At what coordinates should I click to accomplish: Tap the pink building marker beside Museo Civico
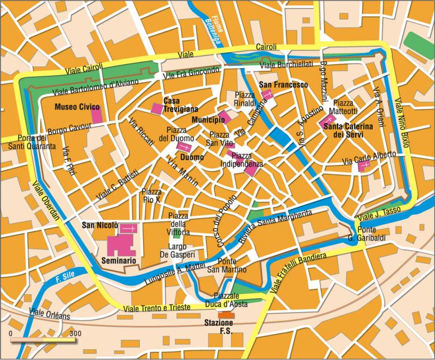(x=97, y=115)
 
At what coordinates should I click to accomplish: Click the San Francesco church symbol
(x=268, y=95)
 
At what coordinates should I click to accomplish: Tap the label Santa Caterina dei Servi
(x=347, y=131)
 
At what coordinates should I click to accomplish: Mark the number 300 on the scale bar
(x=76, y=333)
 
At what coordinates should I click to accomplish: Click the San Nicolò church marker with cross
(x=129, y=229)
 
